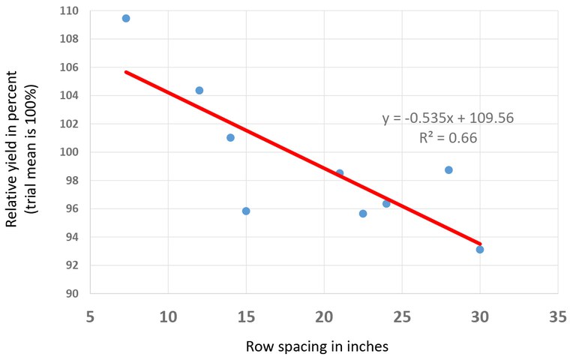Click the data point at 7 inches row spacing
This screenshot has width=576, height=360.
pyautogui.click(x=126, y=18)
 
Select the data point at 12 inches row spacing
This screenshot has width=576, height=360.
pyautogui.click(x=199, y=90)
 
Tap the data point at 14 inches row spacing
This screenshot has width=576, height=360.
pyautogui.click(x=230, y=137)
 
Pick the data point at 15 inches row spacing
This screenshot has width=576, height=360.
pyautogui.click(x=246, y=211)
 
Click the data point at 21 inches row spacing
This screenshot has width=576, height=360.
pyautogui.click(x=340, y=173)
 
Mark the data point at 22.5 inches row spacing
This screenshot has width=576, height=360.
pyautogui.click(x=363, y=214)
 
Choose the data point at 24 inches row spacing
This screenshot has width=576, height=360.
pyautogui.click(x=386, y=203)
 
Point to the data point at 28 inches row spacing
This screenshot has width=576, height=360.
pyautogui.click(x=448, y=169)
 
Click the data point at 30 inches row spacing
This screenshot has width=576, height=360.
pyautogui.click(x=480, y=249)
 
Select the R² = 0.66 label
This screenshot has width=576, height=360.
pyautogui.click(x=448, y=138)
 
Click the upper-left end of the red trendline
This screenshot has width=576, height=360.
pyautogui.click(x=126, y=71)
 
